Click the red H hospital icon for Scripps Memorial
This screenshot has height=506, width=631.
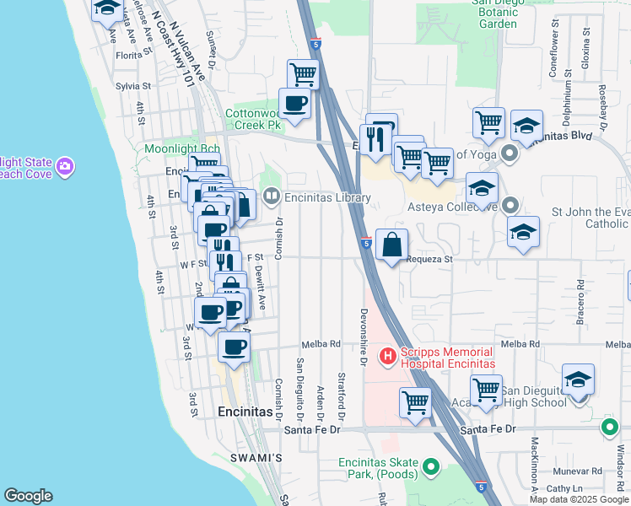[388, 357]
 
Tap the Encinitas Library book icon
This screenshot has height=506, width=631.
[271, 197]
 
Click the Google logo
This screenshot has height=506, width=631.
[27, 496]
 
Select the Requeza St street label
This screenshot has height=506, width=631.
[429, 260]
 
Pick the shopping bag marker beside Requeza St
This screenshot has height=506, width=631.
[391, 245]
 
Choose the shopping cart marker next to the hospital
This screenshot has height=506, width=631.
[415, 402]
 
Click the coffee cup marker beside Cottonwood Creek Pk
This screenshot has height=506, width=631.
[294, 103]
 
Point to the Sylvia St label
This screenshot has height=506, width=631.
[132, 86]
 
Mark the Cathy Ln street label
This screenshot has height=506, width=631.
[566, 488]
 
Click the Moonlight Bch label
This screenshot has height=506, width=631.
[170, 149]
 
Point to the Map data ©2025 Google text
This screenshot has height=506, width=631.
[579, 499]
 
